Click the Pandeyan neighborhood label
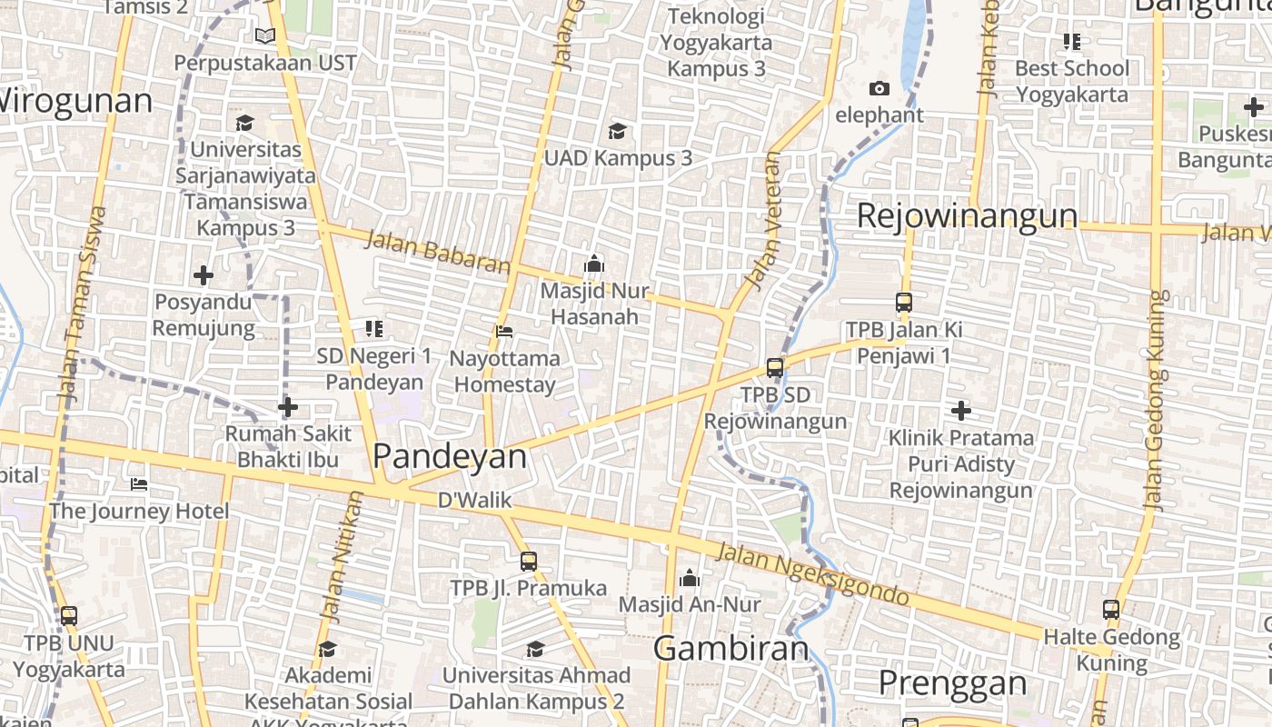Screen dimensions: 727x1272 [450, 456]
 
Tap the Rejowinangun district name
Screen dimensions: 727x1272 [967, 216]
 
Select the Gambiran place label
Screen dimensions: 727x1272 [730, 649]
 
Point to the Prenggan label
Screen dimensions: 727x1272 [953, 682]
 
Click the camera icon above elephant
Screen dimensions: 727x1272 [879, 88]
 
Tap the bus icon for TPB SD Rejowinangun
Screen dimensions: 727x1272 [775, 368]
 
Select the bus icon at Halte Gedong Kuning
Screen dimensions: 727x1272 [1111, 610]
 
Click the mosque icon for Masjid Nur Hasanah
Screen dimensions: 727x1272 [594, 264]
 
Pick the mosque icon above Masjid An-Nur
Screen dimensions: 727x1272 [690, 578]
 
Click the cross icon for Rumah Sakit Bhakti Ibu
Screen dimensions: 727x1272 [288, 407]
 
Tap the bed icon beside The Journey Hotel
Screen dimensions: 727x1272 [139, 483]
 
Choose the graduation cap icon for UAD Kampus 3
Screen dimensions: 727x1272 [618, 132]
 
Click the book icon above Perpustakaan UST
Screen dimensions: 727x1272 [265, 36]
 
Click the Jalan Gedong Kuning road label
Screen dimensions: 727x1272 [1155, 400]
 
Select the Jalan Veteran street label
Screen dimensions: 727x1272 [761, 218]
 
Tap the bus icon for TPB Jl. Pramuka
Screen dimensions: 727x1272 [529, 562]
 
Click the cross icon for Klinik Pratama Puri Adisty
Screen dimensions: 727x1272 [961, 411]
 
